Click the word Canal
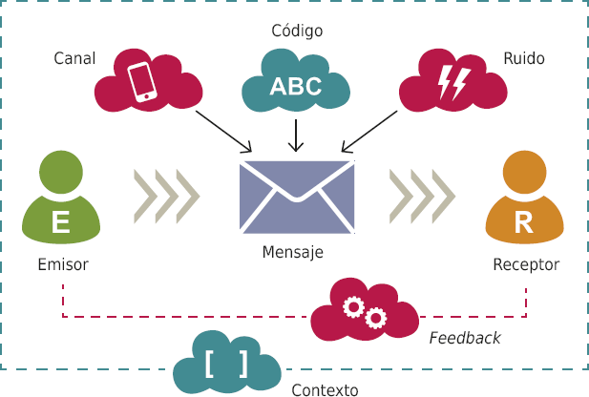click(x=74, y=59)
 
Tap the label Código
click(x=297, y=31)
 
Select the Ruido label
click(x=523, y=59)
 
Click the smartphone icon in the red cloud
click(x=143, y=81)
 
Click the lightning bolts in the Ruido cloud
click(x=451, y=83)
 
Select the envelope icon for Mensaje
click(x=297, y=196)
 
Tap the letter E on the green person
click(x=60, y=222)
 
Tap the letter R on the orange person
click(x=524, y=222)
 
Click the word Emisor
click(x=63, y=264)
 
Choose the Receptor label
click(x=526, y=264)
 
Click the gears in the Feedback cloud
click(x=364, y=310)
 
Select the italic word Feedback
click(x=464, y=338)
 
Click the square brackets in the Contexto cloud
click(x=225, y=365)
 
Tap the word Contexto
click(x=325, y=389)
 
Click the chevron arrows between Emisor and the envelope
click(x=166, y=196)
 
